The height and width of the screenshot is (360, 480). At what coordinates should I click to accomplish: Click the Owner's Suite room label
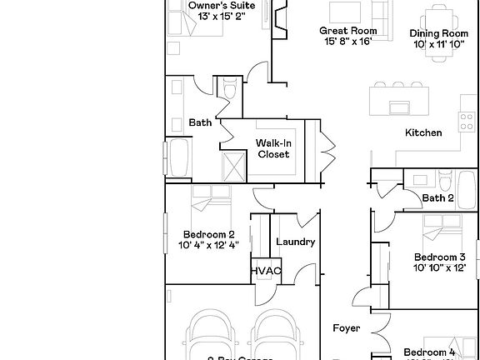click(x=215, y=5)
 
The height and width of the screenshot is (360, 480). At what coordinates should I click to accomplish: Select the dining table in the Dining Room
click(x=437, y=15)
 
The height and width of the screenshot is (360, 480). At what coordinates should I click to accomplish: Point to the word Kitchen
click(x=422, y=132)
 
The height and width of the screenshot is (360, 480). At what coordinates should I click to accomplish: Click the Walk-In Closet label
click(x=272, y=148)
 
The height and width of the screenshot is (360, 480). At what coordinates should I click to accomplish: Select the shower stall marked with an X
click(x=233, y=166)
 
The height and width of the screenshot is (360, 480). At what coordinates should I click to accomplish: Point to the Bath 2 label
click(x=437, y=198)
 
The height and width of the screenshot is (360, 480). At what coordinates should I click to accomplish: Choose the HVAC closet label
click(x=266, y=272)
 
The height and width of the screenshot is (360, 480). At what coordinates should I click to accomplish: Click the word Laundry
click(x=295, y=242)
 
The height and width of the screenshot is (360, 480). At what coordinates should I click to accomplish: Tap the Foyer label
click(x=346, y=328)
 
